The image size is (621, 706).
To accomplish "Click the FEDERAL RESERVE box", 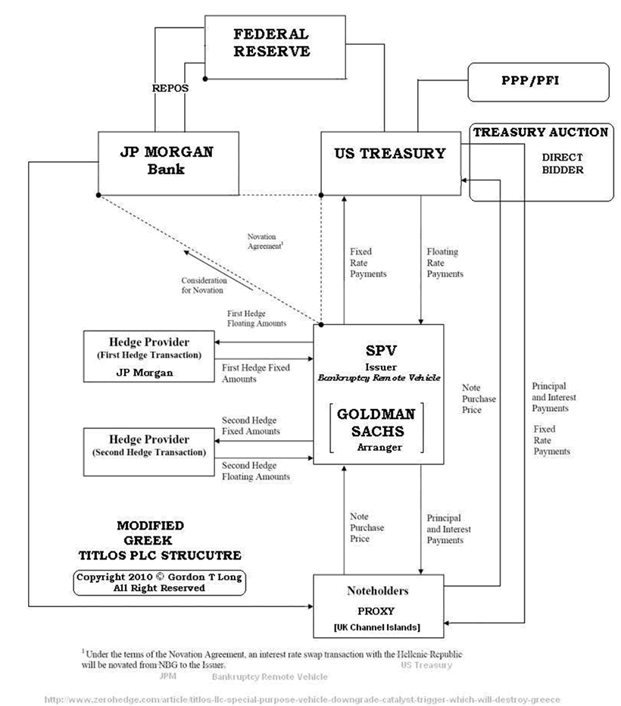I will point(270,45).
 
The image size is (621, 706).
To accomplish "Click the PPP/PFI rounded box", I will point(537,82).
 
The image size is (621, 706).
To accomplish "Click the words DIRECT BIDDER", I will point(562,164).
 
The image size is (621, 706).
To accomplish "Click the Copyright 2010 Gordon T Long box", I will point(159,582).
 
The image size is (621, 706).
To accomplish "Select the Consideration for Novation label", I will point(203,285).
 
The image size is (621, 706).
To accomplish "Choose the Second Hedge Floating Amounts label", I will point(255,471).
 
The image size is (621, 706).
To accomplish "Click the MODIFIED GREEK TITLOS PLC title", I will point(150,539).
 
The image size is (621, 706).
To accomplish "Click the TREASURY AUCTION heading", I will point(541,133).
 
